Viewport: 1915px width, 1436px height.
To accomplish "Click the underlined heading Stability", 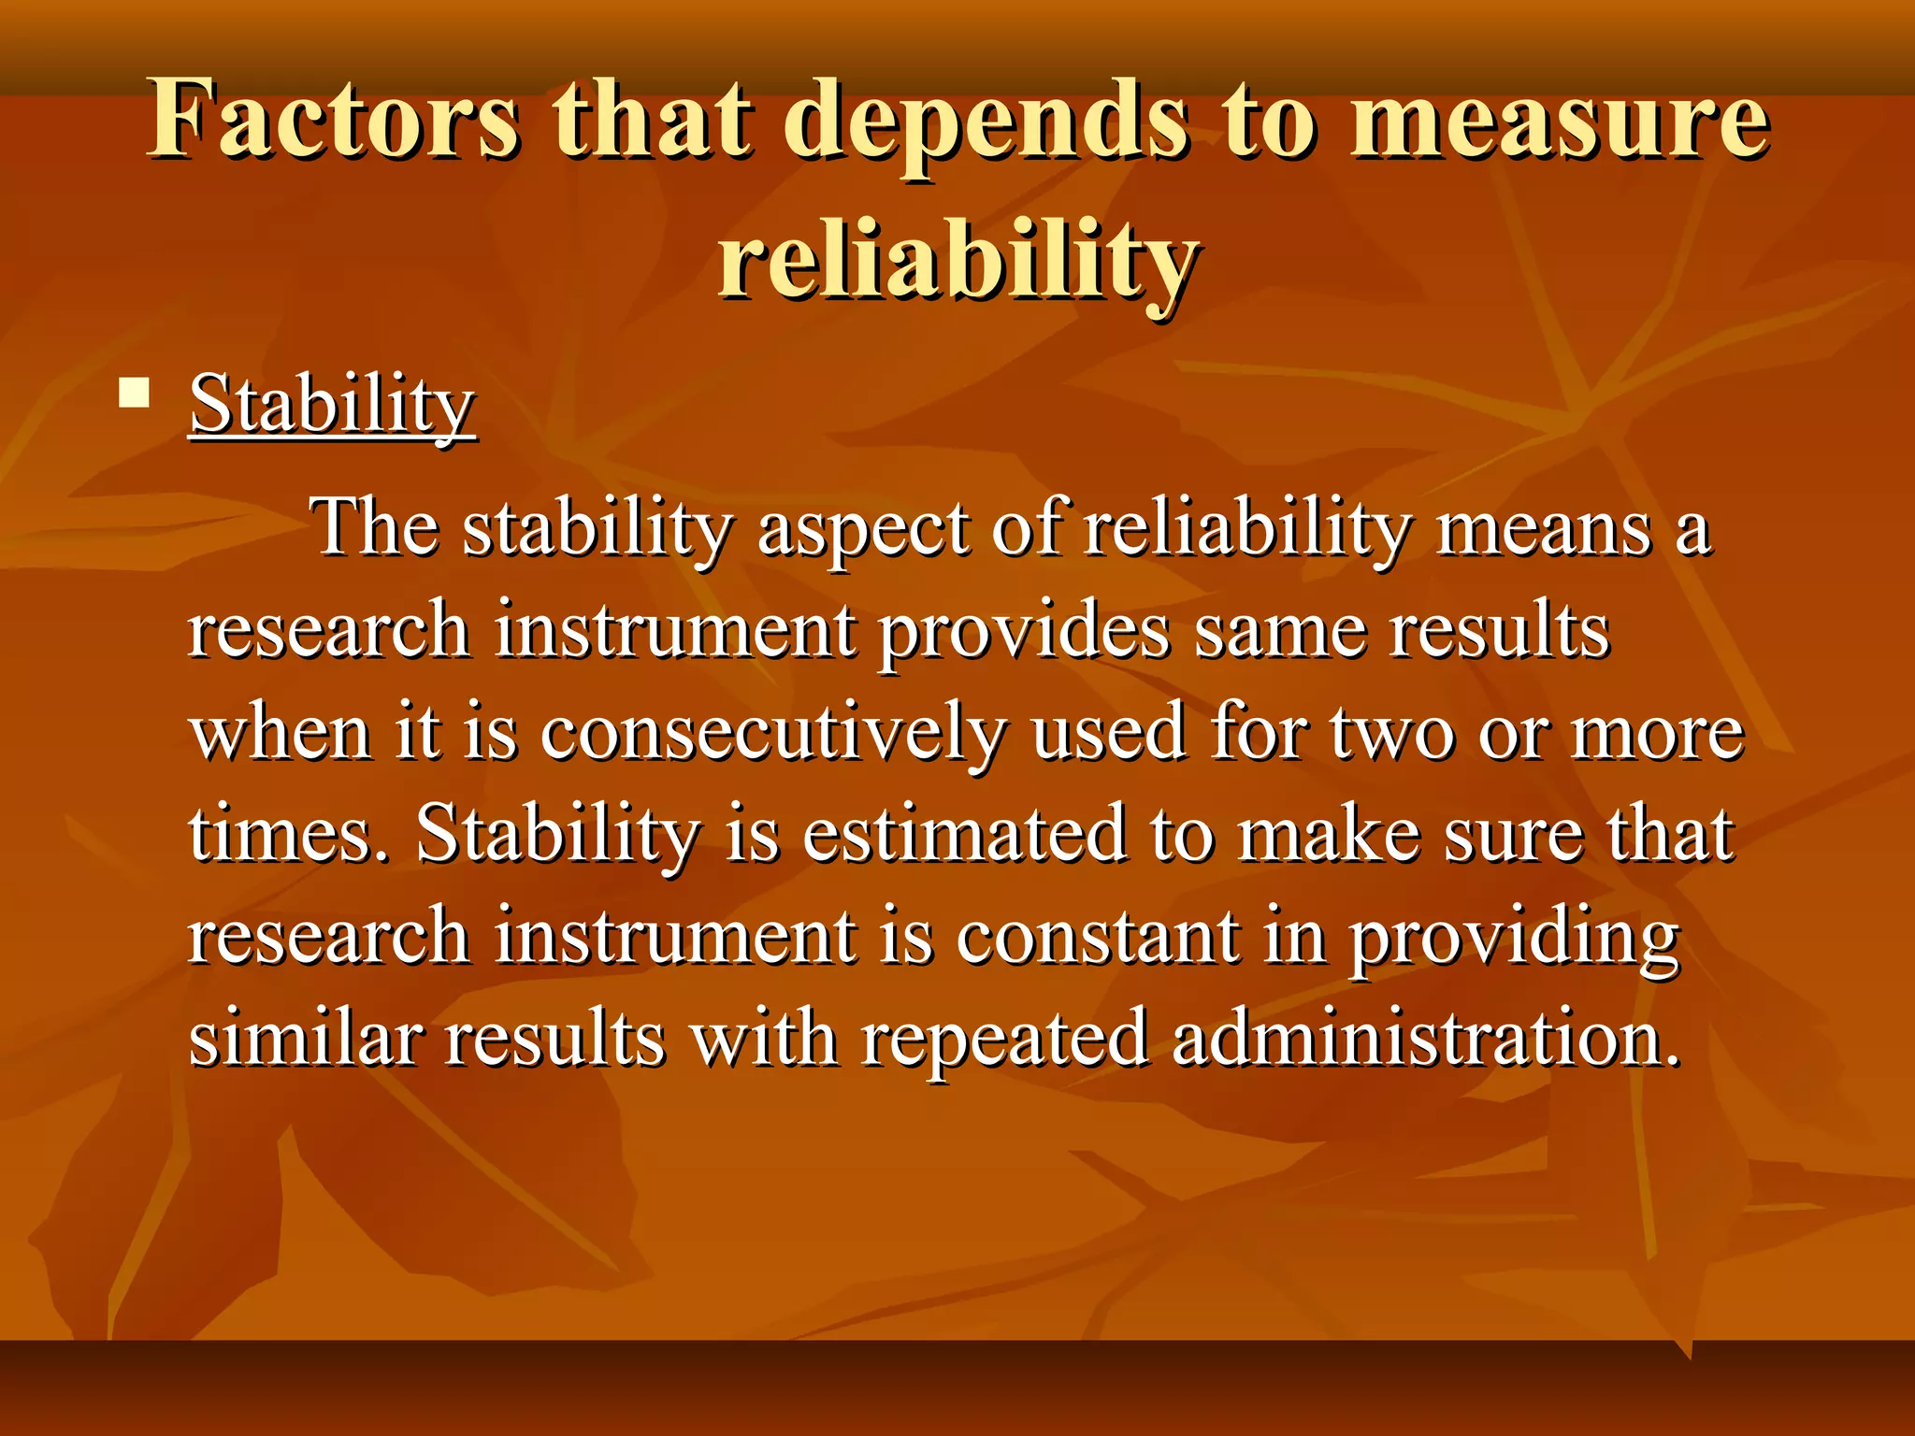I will coord(332,404).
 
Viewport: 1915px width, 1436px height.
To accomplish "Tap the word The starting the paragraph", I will coord(375,527).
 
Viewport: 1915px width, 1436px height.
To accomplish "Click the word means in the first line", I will coord(1543,529).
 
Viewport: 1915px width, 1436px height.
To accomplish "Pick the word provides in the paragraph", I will coord(1023,631).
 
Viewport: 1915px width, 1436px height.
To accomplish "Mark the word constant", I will coord(1098,936).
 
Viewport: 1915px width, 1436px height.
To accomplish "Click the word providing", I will coord(1514,938).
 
